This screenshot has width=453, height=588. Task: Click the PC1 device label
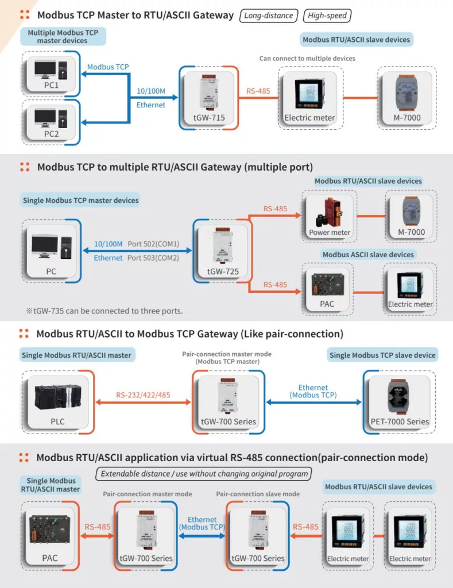[52, 85]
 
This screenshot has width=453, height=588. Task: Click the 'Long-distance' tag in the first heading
[268, 16]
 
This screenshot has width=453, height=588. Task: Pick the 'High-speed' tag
[327, 16]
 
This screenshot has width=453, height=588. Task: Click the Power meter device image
[329, 211]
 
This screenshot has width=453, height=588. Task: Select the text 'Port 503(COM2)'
[153, 258]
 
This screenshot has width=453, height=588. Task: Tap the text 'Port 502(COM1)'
[153, 244]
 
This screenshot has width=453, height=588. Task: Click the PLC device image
[57, 398]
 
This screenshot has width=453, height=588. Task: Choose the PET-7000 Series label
[400, 421]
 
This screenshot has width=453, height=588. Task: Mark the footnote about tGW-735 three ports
[104, 311]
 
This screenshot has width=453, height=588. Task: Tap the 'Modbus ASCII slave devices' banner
[368, 254]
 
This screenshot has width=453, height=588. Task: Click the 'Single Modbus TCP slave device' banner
[382, 355]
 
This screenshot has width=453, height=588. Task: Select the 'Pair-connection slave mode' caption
[258, 494]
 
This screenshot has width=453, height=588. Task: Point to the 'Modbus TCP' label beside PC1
[108, 67]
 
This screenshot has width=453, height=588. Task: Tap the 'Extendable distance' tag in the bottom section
[204, 474]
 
